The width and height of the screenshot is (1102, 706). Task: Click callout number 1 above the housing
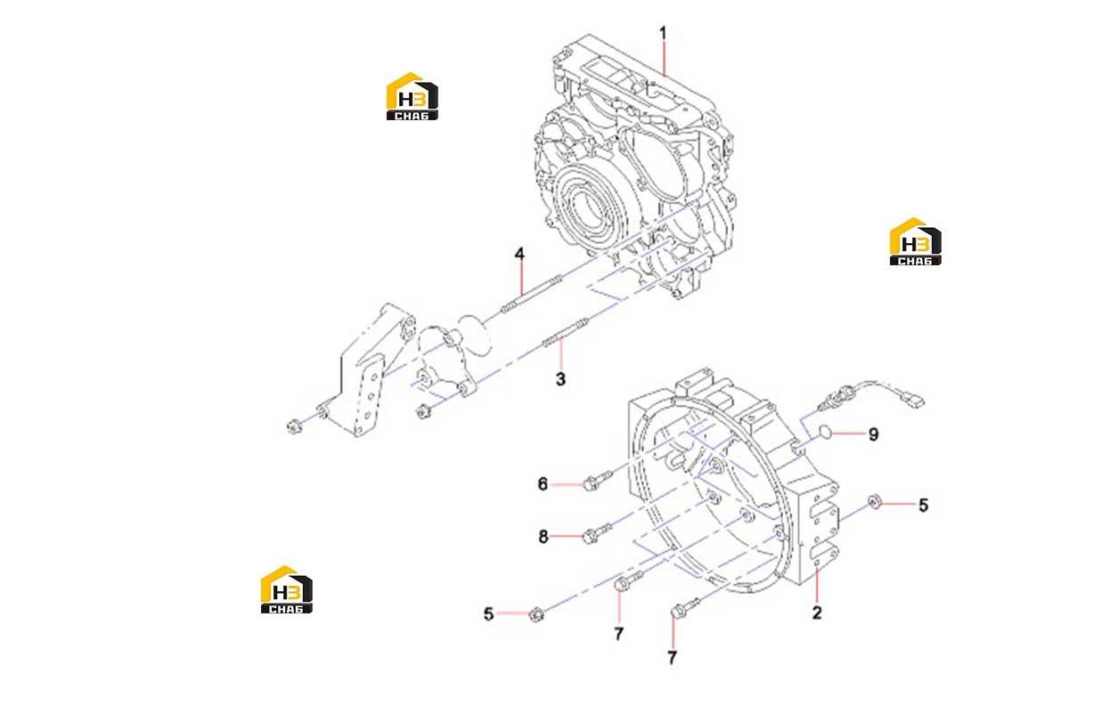[x=663, y=34]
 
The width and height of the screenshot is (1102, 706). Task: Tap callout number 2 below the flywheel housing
[x=817, y=613]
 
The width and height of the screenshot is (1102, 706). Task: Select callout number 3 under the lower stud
[x=560, y=379]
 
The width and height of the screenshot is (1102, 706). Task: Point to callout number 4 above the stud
[x=519, y=254]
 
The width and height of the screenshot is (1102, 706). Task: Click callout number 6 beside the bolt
[x=543, y=483]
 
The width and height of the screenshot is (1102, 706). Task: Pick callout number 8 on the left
[x=543, y=536]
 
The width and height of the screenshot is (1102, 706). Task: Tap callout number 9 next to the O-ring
[x=873, y=434]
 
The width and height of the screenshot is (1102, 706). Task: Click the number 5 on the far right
[x=924, y=505]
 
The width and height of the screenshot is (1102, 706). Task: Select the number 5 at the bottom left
[x=488, y=613]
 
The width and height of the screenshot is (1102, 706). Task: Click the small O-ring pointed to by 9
[x=825, y=432]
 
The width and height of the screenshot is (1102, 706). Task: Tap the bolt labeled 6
[x=597, y=480]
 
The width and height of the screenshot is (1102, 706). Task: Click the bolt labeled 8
[x=597, y=533]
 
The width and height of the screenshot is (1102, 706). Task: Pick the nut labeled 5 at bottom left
[x=535, y=614]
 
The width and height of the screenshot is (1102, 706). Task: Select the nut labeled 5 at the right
[x=875, y=501]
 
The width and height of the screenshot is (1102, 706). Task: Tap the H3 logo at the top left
[x=412, y=96]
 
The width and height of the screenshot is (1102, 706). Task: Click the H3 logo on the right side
[x=915, y=241]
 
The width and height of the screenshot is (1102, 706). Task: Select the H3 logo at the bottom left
[x=286, y=589]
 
